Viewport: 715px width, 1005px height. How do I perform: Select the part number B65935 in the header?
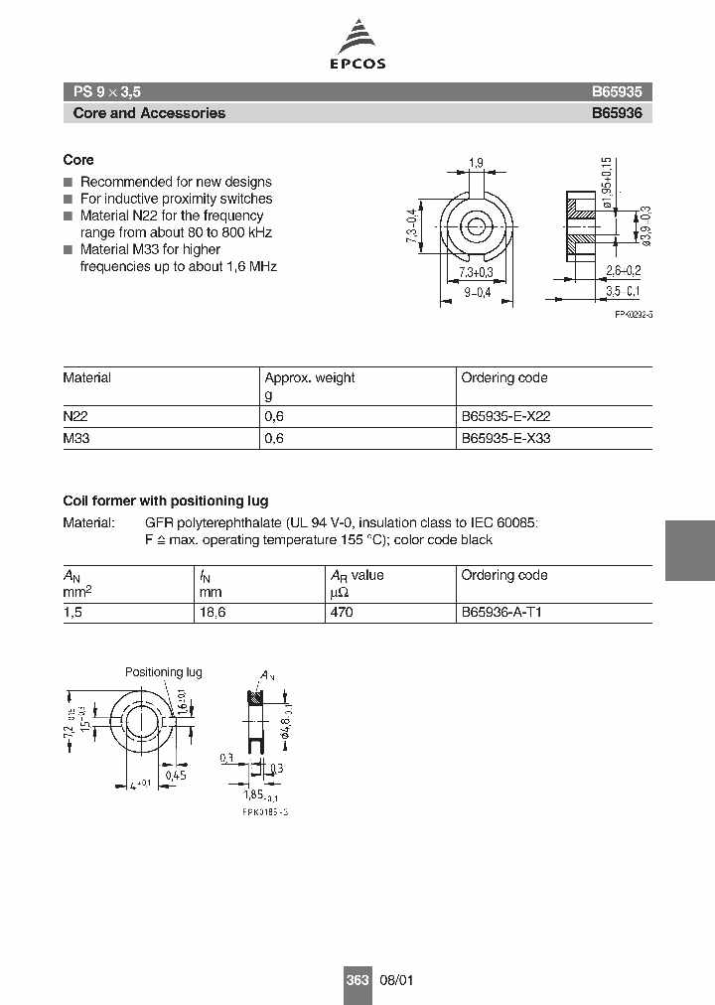coord(617,90)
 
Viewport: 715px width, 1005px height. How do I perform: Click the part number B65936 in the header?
coord(617,113)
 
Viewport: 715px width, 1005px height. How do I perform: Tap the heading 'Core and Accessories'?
coord(149,113)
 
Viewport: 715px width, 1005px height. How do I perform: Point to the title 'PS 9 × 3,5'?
coord(107,90)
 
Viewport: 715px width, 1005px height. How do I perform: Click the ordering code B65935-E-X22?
coord(505,417)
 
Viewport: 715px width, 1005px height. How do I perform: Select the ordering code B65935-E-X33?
coord(505,438)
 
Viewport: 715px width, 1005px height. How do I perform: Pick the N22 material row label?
coord(75,417)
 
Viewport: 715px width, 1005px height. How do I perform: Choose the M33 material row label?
coord(76,438)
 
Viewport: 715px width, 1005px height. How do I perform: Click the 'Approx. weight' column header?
coord(309,378)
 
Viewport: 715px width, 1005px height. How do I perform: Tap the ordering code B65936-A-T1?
coord(501,613)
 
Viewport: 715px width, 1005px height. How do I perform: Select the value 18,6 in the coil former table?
coord(213,613)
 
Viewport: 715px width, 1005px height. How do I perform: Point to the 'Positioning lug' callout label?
coord(163,672)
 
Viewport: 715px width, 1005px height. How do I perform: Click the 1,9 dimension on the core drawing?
coord(476,163)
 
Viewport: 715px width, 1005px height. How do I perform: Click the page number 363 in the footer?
coord(357,980)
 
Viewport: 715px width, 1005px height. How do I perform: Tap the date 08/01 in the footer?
coord(396,980)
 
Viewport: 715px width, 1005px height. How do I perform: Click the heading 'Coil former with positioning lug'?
coord(165,501)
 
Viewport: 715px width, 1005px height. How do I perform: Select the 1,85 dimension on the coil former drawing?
coord(253,794)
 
